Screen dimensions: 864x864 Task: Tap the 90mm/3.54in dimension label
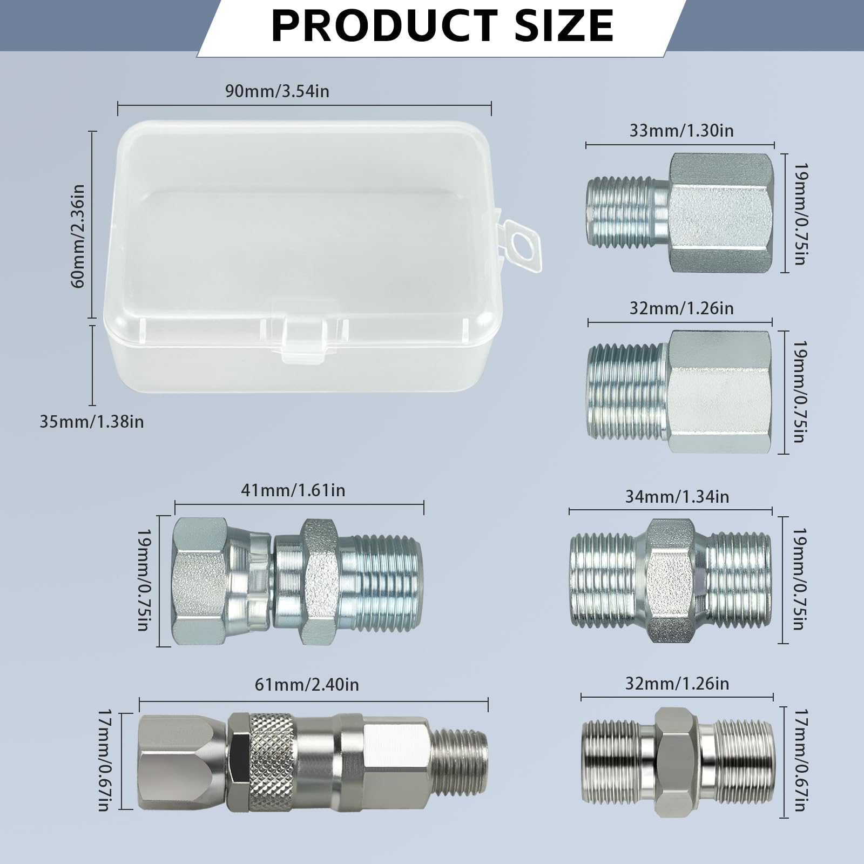pos(277,91)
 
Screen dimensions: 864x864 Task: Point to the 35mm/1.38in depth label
pos(92,421)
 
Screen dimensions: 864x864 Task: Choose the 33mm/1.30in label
pos(681,131)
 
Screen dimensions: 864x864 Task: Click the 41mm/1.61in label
pos(293,490)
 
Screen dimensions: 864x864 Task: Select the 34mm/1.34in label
pos(677,496)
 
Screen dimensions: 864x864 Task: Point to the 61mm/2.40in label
pos(307,685)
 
